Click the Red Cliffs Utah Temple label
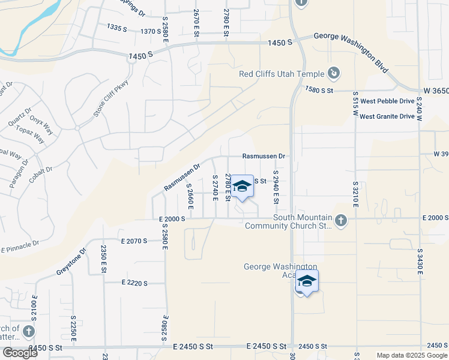pyautogui.click(x=280, y=74)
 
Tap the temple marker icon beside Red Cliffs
pyautogui.click(x=334, y=74)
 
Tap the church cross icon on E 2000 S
pyautogui.click(x=341, y=221)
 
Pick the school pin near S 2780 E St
pyautogui.click(x=243, y=187)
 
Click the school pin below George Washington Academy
pyautogui.click(x=307, y=282)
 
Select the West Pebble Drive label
pyautogui.click(x=387, y=102)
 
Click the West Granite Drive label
pyautogui.click(x=387, y=116)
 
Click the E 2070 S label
pyautogui.click(x=134, y=241)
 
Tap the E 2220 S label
pyautogui.click(x=134, y=282)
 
